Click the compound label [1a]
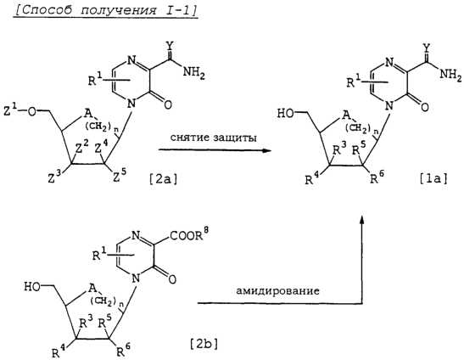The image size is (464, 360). tap(433, 180)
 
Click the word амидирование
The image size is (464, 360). tap(278, 290)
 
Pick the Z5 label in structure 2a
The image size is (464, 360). tap(120, 178)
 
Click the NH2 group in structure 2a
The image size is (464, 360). tap(193, 73)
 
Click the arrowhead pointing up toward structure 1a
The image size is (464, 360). tap(361, 219)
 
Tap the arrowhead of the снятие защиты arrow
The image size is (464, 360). tap(267, 150)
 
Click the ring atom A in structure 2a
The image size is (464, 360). tap(87, 113)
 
